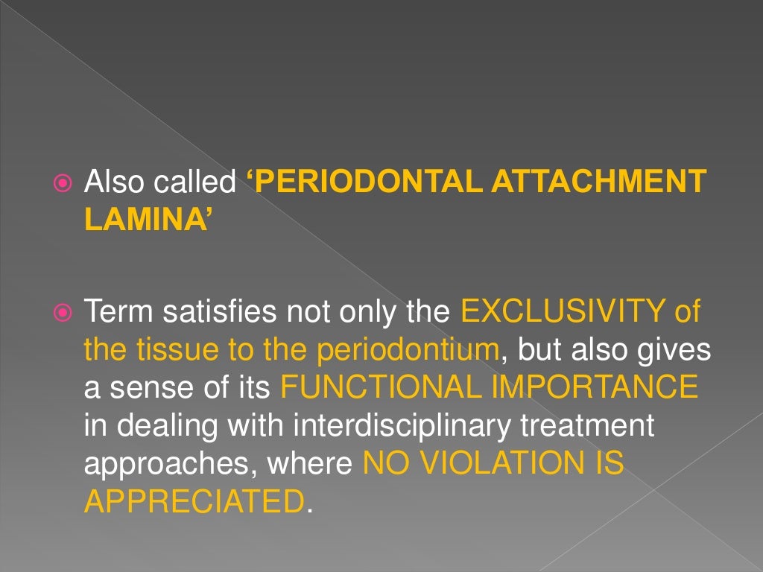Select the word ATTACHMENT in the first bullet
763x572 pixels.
[x=598, y=183]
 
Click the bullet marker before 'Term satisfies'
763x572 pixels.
[x=63, y=311]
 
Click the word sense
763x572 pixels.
[x=148, y=387]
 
